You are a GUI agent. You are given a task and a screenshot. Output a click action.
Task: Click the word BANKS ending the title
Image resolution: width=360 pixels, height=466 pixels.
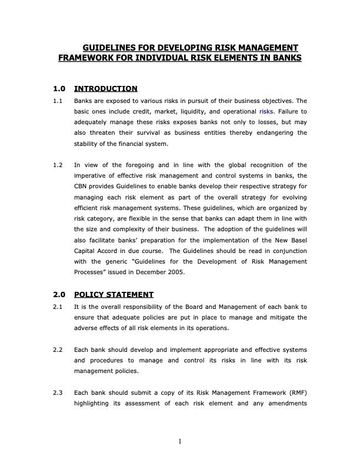pos(283,58)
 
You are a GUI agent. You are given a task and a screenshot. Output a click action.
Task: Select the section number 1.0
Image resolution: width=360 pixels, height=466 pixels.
pos(58,89)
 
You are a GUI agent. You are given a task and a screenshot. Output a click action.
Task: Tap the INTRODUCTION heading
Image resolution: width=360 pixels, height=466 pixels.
pos(106,89)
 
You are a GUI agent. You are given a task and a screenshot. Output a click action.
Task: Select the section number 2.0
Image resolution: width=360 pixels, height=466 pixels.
pos(58,295)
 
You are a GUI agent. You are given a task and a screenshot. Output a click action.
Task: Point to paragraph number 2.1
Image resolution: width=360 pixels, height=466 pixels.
pos(58,307)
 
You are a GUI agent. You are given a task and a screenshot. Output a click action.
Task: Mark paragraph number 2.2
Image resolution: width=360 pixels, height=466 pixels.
pos(58,349)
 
